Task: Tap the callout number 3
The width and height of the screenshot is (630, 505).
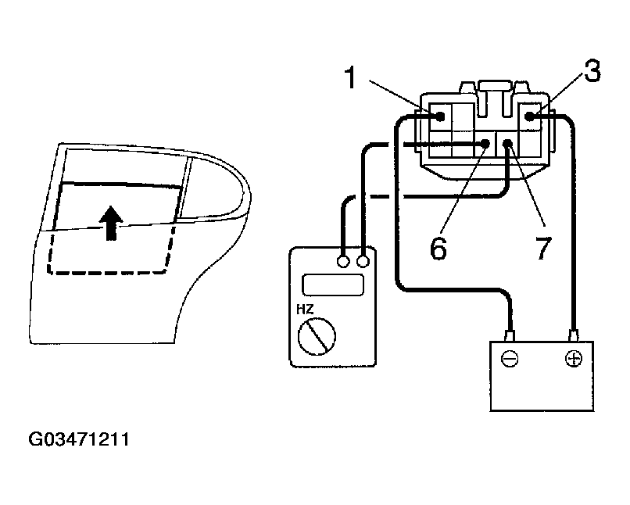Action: pyautogui.click(x=592, y=73)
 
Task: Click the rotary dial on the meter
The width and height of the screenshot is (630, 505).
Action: pyautogui.click(x=317, y=338)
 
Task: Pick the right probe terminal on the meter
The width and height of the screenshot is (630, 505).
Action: pyautogui.click(x=363, y=260)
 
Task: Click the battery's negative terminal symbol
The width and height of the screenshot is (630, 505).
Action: pyautogui.click(x=509, y=360)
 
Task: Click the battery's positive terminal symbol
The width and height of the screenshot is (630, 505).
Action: pyautogui.click(x=573, y=360)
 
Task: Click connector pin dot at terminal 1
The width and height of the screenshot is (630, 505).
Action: pyautogui.click(x=441, y=117)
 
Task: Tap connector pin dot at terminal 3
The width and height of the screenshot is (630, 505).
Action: pyautogui.click(x=530, y=117)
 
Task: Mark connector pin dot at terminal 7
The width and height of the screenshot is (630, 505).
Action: pyautogui.click(x=507, y=144)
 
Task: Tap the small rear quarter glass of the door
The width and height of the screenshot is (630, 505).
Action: pyautogui.click(x=209, y=186)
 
